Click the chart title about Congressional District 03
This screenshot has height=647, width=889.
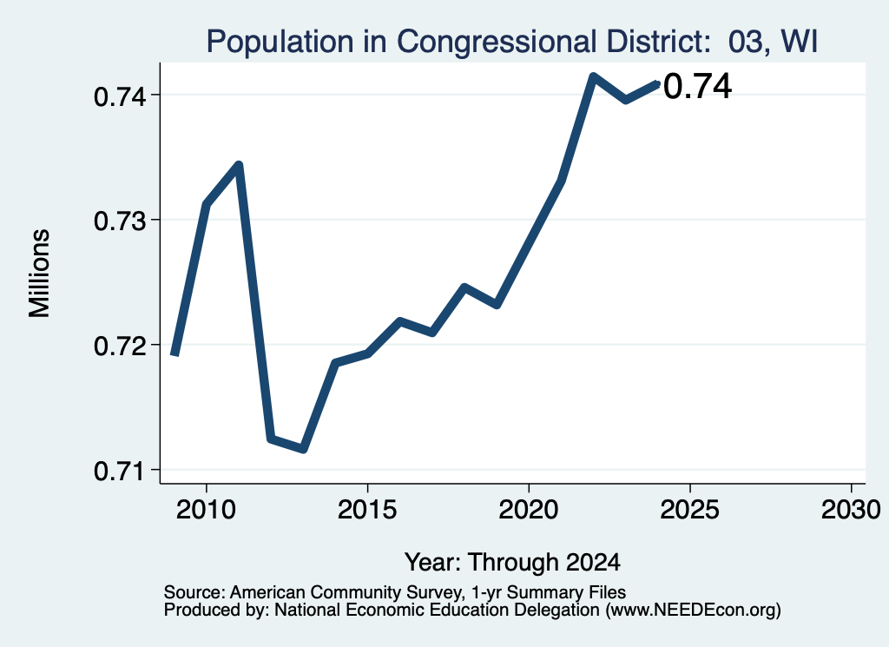512,42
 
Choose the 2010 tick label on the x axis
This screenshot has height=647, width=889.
206,510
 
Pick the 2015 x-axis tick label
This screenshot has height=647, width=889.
367,510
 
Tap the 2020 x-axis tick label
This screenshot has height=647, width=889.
529,510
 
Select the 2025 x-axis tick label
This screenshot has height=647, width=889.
690,510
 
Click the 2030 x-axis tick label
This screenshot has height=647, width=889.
851,510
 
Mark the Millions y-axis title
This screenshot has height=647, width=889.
40,274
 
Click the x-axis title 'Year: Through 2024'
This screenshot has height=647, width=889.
512,563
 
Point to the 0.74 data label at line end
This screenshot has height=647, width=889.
697,88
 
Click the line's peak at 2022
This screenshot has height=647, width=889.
593,76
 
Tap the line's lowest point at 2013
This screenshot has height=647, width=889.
303,449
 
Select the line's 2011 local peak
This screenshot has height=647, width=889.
239,165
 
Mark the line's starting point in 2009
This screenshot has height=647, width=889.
175,355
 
